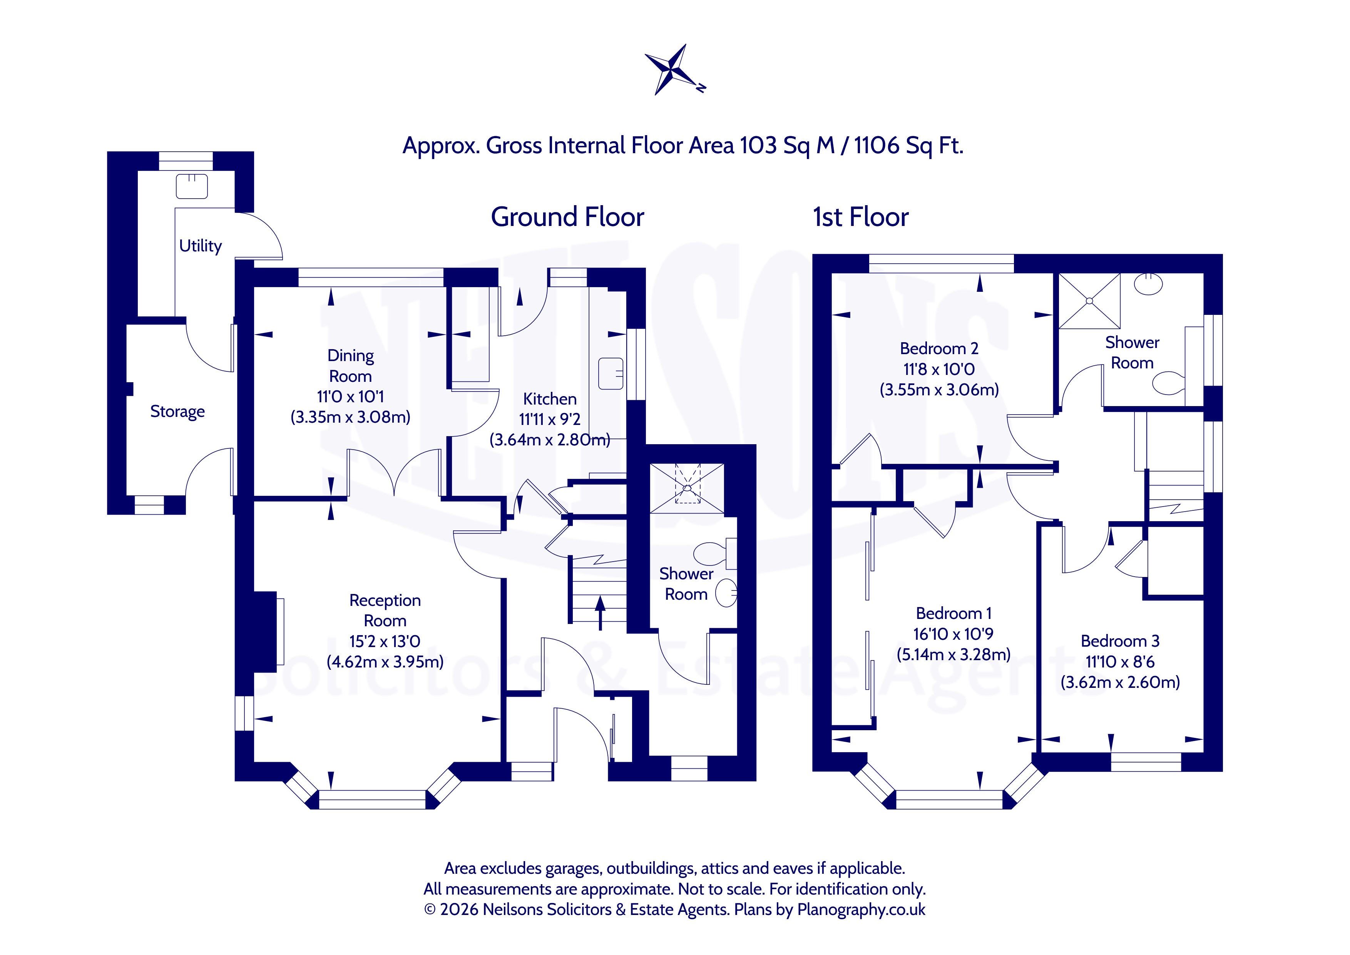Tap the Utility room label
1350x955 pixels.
click(201, 246)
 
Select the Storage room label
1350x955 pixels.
click(177, 411)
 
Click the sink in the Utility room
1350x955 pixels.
click(192, 186)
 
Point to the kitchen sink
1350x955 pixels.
click(610, 373)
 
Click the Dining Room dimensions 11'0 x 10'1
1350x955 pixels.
click(350, 396)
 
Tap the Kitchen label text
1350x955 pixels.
click(550, 399)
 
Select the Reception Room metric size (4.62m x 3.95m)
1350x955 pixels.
click(385, 662)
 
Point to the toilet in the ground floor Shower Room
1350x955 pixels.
click(715, 554)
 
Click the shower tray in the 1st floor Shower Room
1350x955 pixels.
click(1089, 301)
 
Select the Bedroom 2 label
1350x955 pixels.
click(939, 349)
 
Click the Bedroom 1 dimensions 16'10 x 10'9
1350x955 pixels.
click(953, 634)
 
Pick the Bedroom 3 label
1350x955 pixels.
click(1120, 641)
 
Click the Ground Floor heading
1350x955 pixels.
click(567, 217)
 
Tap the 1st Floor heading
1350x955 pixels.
click(861, 217)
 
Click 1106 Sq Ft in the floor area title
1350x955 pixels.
click(908, 145)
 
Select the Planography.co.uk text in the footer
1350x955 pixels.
click(862, 910)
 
